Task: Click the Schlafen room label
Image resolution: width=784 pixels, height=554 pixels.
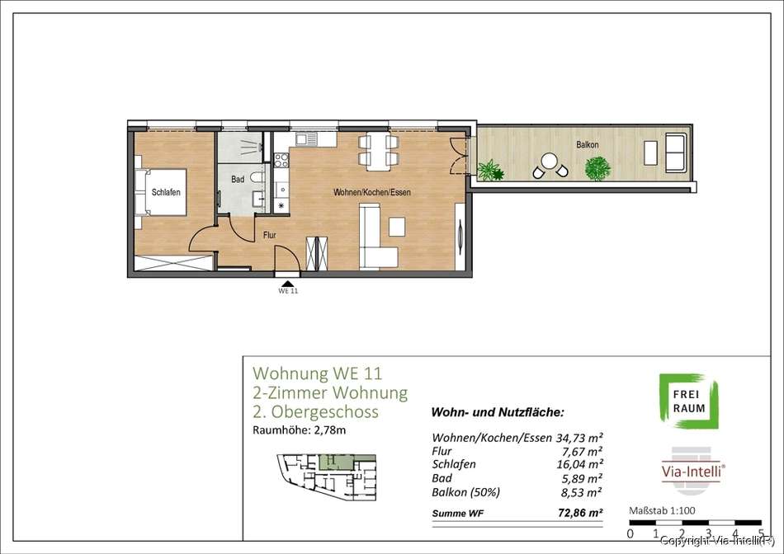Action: coord(166,192)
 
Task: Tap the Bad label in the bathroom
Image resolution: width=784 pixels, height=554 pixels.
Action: coord(238,179)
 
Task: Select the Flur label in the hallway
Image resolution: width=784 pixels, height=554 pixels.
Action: coord(270,235)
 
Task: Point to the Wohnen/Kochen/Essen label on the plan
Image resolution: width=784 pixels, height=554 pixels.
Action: coord(372,192)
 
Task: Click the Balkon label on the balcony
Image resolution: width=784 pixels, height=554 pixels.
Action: coord(588,145)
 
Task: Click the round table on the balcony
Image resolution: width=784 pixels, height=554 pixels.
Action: coord(549,161)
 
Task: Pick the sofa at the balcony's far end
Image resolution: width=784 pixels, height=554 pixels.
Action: coord(675,152)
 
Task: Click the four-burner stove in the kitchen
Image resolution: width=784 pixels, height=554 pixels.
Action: coord(281,160)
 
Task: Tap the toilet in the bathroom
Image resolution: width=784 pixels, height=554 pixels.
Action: coord(257,177)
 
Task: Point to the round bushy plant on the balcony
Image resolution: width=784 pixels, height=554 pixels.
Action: coord(597,168)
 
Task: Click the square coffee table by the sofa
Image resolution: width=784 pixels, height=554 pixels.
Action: coord(397,226)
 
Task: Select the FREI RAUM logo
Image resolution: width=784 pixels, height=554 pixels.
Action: coord(689,401)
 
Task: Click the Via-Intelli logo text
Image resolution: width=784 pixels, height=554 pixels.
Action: coord(692,471)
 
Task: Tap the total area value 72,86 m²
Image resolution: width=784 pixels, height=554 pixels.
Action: coord(580,513)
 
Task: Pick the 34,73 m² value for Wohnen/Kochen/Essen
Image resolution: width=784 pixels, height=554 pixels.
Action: coord(579,438)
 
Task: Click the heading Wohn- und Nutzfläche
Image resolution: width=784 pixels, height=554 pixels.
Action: coord(498,413)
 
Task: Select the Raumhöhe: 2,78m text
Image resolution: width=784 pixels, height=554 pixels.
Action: coord(299,430)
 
